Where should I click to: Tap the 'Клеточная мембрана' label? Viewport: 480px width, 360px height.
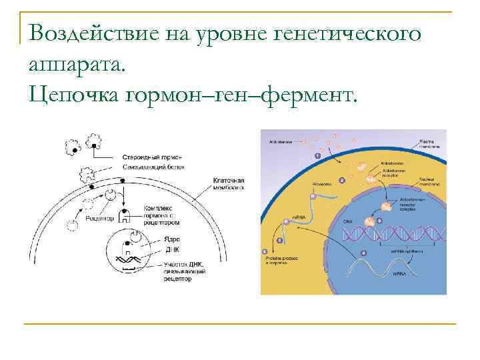pos(228,184)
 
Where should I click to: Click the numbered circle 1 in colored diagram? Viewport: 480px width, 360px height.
pos(317,155)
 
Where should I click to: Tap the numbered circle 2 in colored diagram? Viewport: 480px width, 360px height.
pos(342,179)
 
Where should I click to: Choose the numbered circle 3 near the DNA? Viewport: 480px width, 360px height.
pos(379,221)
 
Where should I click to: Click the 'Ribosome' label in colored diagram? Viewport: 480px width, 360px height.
pos(323,185)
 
